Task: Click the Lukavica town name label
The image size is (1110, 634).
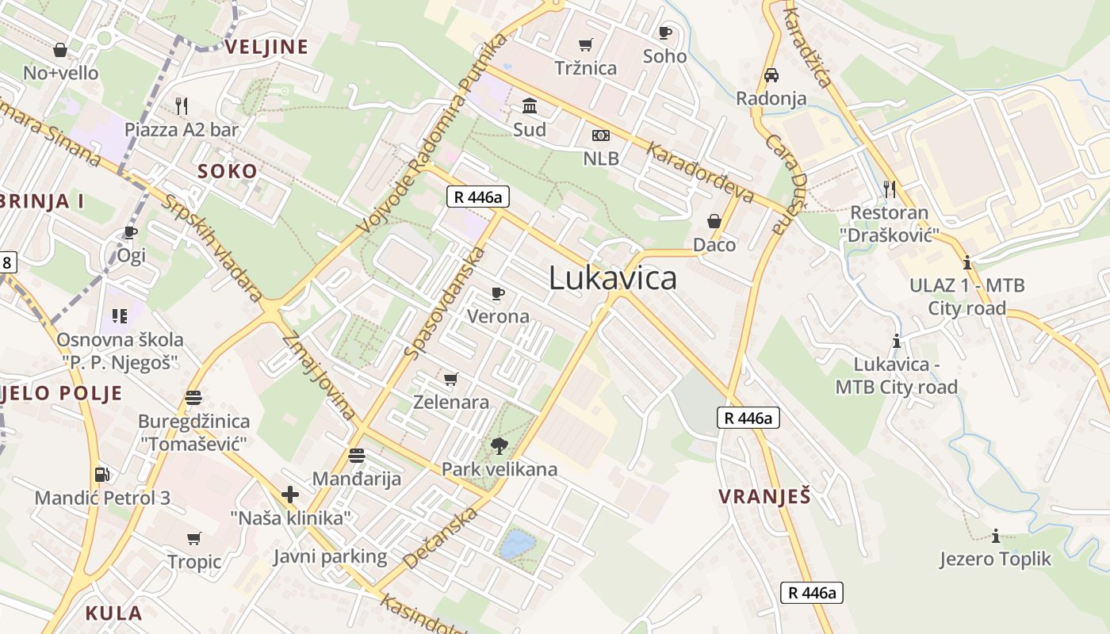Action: (613, 278)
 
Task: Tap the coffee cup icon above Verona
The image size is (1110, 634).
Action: (498, 294)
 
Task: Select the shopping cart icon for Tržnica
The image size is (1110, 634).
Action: (586, 45)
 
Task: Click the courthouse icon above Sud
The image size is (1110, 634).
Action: (529, 105)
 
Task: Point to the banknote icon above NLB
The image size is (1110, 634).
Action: (601, 136)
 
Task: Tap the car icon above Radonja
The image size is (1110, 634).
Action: (771, 75)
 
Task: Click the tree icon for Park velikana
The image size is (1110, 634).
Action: (499, 446)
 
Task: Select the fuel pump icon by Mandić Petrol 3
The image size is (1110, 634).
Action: (101, 475)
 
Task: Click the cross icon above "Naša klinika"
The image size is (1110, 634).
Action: (290, 495)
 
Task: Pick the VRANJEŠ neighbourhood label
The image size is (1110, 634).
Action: (764, 497)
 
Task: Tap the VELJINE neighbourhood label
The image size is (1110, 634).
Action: (266, 48)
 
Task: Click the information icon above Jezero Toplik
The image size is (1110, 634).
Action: (995, 536)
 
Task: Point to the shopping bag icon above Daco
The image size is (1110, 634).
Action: (714, 221)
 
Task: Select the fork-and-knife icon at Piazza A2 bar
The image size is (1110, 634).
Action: (182, 105)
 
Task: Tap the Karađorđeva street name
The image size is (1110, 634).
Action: (699, 171)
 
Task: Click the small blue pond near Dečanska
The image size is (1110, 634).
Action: (517, 544)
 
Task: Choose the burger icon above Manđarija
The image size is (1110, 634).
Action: (356, 456)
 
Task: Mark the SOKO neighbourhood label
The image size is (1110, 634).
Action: (228, 171)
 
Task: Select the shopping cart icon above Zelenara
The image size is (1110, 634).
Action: (451, 380)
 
